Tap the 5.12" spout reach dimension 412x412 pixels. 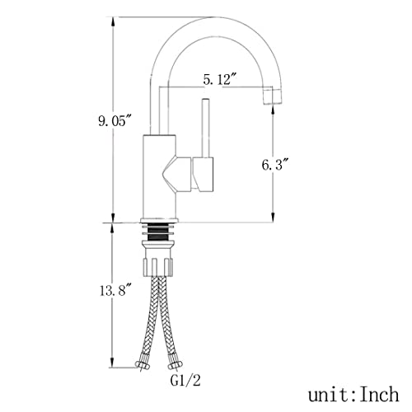coord(220,80)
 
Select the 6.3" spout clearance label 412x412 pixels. coord(276,165)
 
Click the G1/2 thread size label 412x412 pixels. coord(185,381)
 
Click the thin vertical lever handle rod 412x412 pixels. coord(205,128)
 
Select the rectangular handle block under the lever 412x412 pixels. coord(204,175)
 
